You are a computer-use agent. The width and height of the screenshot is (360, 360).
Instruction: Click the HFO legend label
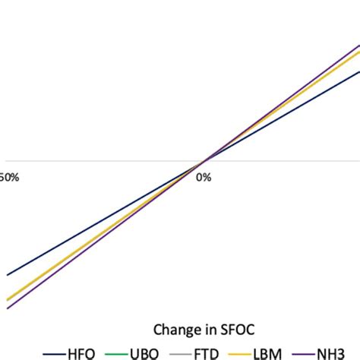click(x=81, y=352)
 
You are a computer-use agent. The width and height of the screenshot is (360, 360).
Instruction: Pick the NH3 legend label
click(x=341, y=352)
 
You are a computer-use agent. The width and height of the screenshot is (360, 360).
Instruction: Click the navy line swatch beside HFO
click(x=54, y=353)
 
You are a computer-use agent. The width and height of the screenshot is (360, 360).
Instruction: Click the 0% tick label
click(x=204, y=177)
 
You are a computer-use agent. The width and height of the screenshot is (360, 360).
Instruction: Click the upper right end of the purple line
click(x=358, y=46)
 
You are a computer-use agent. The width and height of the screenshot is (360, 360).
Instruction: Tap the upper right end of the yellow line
click(x=358, y=53)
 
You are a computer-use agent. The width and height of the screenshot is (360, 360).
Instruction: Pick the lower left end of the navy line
click(x=8, y=275)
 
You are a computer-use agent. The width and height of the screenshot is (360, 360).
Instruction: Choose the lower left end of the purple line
click(x=8, y=308)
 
